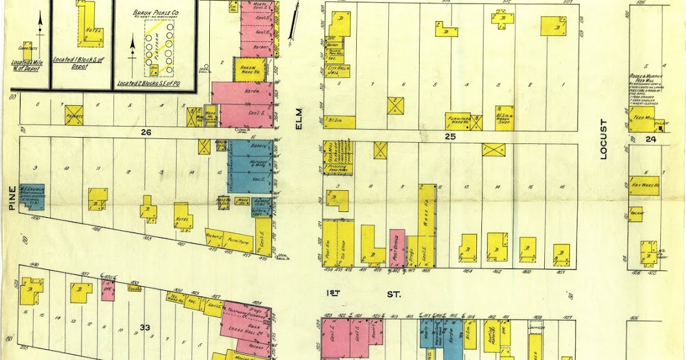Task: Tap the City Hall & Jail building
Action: pyautogui.click(x=338, y=71)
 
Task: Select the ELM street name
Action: pyautogui.click(x=298, y=121)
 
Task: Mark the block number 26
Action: pyautogui.click(x=146, y=132)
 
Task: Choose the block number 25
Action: pyautogui.click(x=449, y=136)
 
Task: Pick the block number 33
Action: pyautogui.click(x=145, y=327)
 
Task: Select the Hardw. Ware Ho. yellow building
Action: pyautogui.click(x=249, y=69)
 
